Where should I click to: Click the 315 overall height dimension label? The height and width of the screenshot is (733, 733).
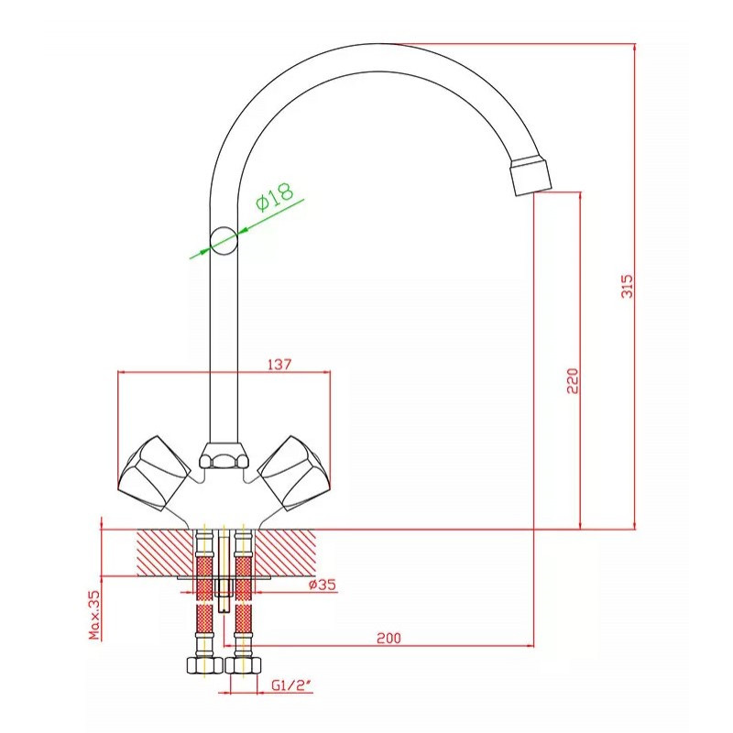628,286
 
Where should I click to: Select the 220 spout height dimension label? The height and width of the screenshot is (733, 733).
573,380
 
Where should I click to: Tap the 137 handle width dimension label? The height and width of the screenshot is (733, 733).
279,364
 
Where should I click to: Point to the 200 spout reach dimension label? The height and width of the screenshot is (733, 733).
388,638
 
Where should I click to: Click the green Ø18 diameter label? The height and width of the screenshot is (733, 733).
275,197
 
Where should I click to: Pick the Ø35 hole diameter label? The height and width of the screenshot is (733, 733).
323,585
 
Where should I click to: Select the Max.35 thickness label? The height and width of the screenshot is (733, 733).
94,615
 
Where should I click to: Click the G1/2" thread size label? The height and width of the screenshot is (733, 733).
291,685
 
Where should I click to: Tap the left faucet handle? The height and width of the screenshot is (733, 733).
154,473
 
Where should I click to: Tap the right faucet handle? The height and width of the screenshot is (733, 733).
293,473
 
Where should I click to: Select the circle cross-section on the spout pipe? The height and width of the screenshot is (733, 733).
224,241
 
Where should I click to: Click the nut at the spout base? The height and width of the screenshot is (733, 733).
224,454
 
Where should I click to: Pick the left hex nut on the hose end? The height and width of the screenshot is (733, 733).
204,665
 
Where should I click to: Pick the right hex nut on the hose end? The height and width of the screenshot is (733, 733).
243,665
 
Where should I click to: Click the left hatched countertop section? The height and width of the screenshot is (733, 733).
165,553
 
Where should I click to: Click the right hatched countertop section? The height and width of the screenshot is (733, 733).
285,553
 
